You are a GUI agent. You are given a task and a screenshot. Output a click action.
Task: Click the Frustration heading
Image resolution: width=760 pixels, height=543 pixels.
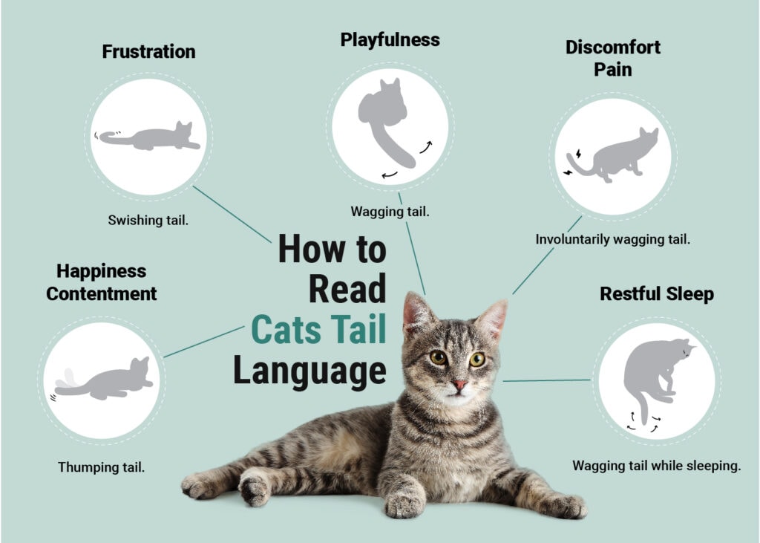(x=148, y=52)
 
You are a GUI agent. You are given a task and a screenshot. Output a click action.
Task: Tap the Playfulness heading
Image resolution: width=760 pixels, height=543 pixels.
(x=390, y=39)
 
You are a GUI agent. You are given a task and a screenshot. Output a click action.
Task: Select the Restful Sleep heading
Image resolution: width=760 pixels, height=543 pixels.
(x=656, y=294)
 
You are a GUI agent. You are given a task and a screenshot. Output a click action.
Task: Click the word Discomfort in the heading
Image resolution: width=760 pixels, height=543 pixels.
(x=612, y=48)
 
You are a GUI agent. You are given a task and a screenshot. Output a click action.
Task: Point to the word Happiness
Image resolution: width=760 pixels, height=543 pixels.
(x=101, y=271)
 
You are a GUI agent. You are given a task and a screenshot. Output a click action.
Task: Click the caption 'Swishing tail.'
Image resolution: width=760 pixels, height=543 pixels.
(x=148, y=220)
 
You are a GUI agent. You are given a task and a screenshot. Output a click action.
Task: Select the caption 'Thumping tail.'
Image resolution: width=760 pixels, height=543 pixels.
(x=101, y=467)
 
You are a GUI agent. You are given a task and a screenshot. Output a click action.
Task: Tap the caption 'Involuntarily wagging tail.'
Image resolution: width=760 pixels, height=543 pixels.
(x=613, y=240)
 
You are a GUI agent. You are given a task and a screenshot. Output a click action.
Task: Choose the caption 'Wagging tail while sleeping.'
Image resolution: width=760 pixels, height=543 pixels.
(x=656, y=466)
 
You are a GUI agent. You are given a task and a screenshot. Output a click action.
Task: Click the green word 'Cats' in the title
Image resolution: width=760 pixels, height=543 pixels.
(x=286, y=329)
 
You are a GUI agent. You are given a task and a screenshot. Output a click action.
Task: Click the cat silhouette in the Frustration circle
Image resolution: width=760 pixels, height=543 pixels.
(x=152, y=137)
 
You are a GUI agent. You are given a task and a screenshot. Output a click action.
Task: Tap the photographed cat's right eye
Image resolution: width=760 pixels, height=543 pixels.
(x=438, y=357)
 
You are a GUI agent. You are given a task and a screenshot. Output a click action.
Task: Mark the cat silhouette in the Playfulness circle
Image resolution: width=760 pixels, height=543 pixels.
(x=386, y=119)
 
